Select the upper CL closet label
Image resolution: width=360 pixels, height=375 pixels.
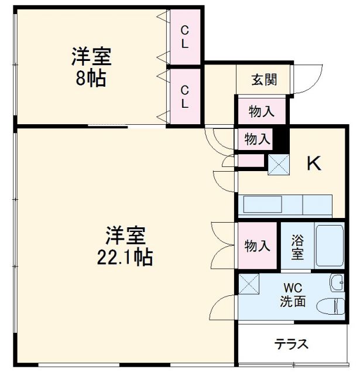(x=184, y=36)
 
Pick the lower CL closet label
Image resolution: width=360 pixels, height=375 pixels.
(x=184, y=97)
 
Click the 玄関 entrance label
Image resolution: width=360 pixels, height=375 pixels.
(x=264, y=80)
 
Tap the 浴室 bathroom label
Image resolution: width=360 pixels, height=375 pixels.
(x=297, y=246)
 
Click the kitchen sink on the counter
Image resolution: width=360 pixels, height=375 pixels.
(x=262, y=205)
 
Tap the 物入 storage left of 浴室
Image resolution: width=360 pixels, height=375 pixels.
(x=257, y=246)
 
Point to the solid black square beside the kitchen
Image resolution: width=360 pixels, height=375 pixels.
(x=283, y=139)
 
